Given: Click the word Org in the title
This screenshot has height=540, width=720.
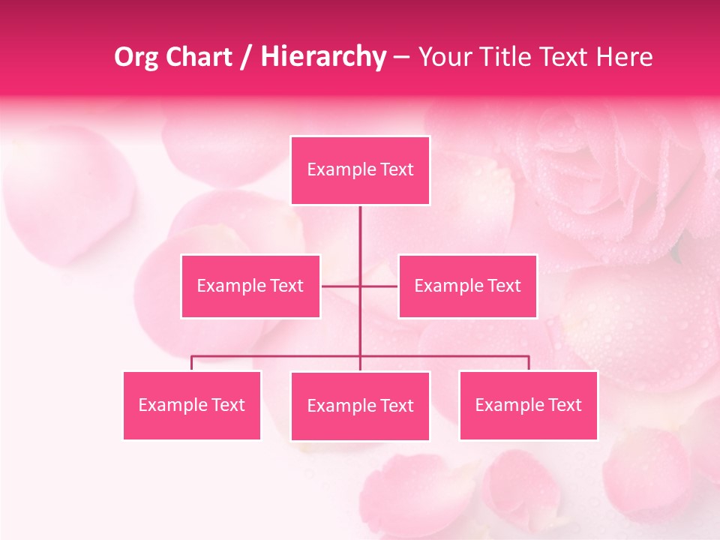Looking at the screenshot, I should point(136,57).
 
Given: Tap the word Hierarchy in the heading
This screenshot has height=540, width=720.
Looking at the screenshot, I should point(323,57).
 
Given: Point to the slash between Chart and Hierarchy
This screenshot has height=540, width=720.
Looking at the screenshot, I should point(246,58).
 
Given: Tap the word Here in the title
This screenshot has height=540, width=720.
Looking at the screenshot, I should point(624,57).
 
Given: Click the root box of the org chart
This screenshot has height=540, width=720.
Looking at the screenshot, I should point(360,170).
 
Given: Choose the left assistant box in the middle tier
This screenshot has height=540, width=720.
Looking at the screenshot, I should point(250,286).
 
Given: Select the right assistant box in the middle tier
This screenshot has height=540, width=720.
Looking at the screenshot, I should point(467,286).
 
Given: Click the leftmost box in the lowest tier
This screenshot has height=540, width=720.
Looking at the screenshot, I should point(192,405).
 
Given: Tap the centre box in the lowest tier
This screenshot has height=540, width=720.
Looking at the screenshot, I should point(360,406).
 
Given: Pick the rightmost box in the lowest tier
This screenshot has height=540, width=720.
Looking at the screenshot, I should point(528,405).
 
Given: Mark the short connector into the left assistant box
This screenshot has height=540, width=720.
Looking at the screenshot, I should point(340,286).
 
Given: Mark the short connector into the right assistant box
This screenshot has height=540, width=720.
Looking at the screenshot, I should point(379,286).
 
